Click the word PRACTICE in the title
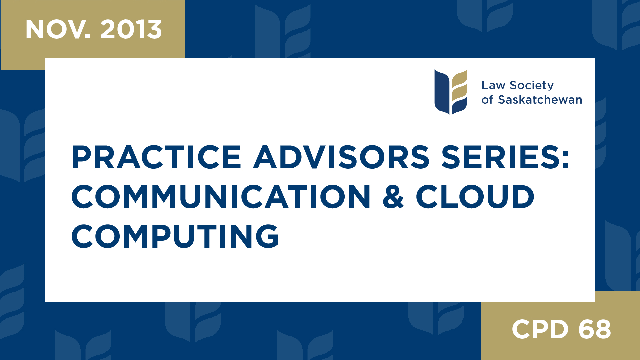(x=156, y=157)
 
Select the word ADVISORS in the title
(x=341, y=157)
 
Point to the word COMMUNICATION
(x=221, y=197)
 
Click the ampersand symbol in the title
(x=393, y=197)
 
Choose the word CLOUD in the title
(x=475, y=197)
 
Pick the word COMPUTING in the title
(x=175, y=236)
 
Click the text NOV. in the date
(x=58, y=30)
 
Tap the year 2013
(x=131, y=30)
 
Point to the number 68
(x=595, y=329)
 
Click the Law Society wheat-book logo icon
(x=451, y=92)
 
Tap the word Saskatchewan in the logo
(x=540, y=100)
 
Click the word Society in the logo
(x=532, y=86)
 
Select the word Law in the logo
(x=493, y=86)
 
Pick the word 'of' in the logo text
(x=487, y=100)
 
